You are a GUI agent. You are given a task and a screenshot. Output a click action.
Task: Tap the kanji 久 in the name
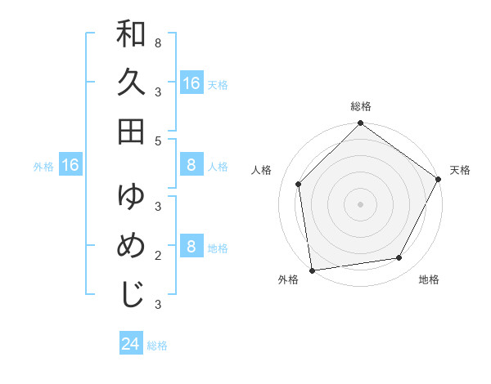pos(132,83)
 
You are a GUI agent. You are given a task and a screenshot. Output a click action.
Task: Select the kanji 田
pos(132,131)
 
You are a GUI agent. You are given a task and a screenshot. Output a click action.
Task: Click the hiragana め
pos(132,246)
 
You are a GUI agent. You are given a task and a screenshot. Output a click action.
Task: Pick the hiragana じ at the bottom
pos(132,293)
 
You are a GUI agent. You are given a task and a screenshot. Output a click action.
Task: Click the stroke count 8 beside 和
pos(157,42)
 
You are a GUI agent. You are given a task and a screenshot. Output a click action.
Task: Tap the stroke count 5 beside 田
pos(157,141)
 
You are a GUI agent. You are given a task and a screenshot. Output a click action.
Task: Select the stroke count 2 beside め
pos(157,256)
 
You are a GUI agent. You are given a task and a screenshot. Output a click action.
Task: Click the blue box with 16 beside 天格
pos(191,83)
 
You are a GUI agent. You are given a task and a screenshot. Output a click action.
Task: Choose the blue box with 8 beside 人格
pos(191,166)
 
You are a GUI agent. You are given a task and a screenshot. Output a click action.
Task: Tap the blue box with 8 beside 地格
pos(191,247)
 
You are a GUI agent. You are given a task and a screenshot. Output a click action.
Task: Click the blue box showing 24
pos(131,344)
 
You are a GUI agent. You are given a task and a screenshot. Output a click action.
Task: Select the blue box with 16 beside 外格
pos(70,166)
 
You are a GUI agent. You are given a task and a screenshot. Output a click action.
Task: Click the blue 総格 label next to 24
pos(157,346)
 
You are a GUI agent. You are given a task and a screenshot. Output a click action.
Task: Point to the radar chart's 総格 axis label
pos(361,106)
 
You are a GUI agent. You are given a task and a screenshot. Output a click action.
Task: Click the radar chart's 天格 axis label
pos(460,170)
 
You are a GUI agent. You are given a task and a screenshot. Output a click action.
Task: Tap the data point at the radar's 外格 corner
pos(312,270)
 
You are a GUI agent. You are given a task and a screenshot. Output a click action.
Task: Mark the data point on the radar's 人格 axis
pos(299,184)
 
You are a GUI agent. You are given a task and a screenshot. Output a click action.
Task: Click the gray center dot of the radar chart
pos(360,203)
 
